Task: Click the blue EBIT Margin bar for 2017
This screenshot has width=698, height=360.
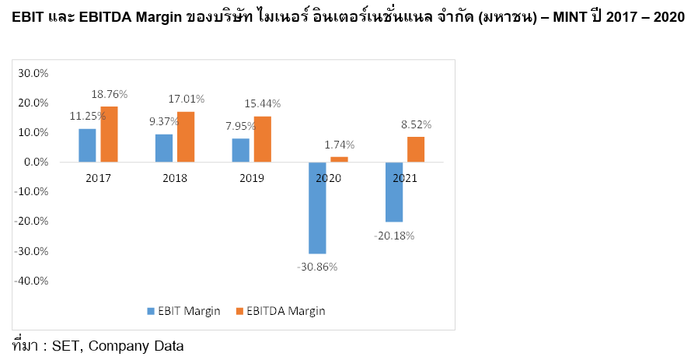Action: coord(87,145)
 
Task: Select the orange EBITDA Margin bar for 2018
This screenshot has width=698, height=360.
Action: coord(186,137)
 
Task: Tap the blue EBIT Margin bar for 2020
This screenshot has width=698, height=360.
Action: coord(317,208)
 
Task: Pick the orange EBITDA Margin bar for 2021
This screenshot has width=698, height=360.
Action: coord(416,149)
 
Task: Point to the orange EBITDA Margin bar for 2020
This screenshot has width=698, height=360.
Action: coord(339,159)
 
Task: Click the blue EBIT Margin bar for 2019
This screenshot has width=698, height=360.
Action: coord(240,150)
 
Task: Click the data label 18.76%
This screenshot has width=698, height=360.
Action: coord(110,94)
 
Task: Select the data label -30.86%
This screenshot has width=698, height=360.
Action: coord(317,266)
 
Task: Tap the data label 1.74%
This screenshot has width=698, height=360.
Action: coord(339,145)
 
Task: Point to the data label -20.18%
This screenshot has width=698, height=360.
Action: coord(394,235)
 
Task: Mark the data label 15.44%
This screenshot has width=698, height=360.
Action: coord(263,103)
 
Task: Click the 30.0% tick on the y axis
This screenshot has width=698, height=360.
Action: coord(33,73)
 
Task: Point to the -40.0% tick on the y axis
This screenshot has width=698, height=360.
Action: coord(32,281)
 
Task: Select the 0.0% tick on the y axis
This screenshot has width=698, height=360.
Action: coord(36,163)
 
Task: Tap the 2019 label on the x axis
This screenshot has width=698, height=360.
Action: coord(252,178)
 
